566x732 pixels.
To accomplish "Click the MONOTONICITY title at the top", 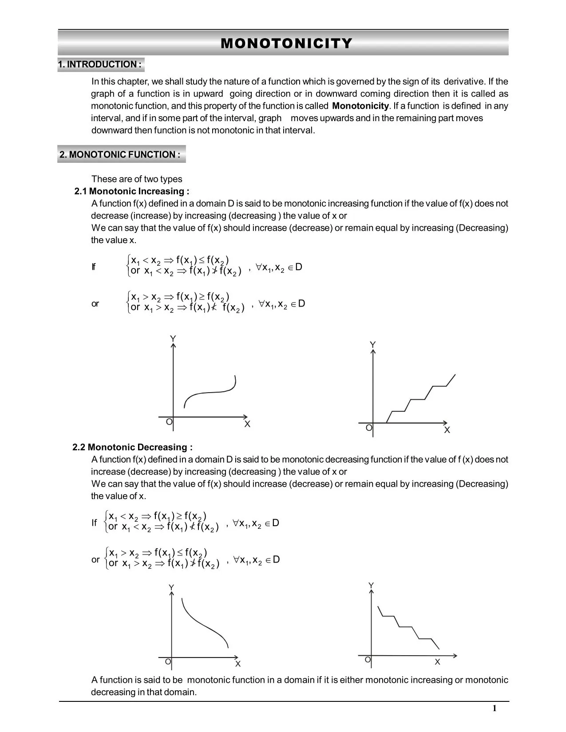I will tap(286, 43).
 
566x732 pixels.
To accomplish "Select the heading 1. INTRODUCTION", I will tap(100, 65).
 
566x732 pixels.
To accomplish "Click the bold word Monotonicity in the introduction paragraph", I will tap(360, 106).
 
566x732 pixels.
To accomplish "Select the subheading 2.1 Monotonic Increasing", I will tap(132, 192).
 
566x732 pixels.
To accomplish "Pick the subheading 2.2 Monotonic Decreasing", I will tap(132, 447).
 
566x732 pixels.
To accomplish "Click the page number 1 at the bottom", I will tap(494, 708).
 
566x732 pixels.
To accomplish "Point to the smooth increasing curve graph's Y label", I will tap(173, 339).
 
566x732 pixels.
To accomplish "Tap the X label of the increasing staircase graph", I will tap(447, 430).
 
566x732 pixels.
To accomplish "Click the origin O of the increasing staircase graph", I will tap(368, 428).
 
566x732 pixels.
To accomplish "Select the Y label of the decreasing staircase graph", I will tap(371, 586).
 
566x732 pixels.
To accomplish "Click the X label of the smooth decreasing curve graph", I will tap(238, 664).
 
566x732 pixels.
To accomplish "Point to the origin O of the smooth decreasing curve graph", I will tap(168, 661).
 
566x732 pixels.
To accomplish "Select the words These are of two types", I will tap(137, 179).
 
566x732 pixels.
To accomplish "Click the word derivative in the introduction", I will tap(464, 82).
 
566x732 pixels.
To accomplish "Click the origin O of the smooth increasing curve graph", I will tap(169, 422).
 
